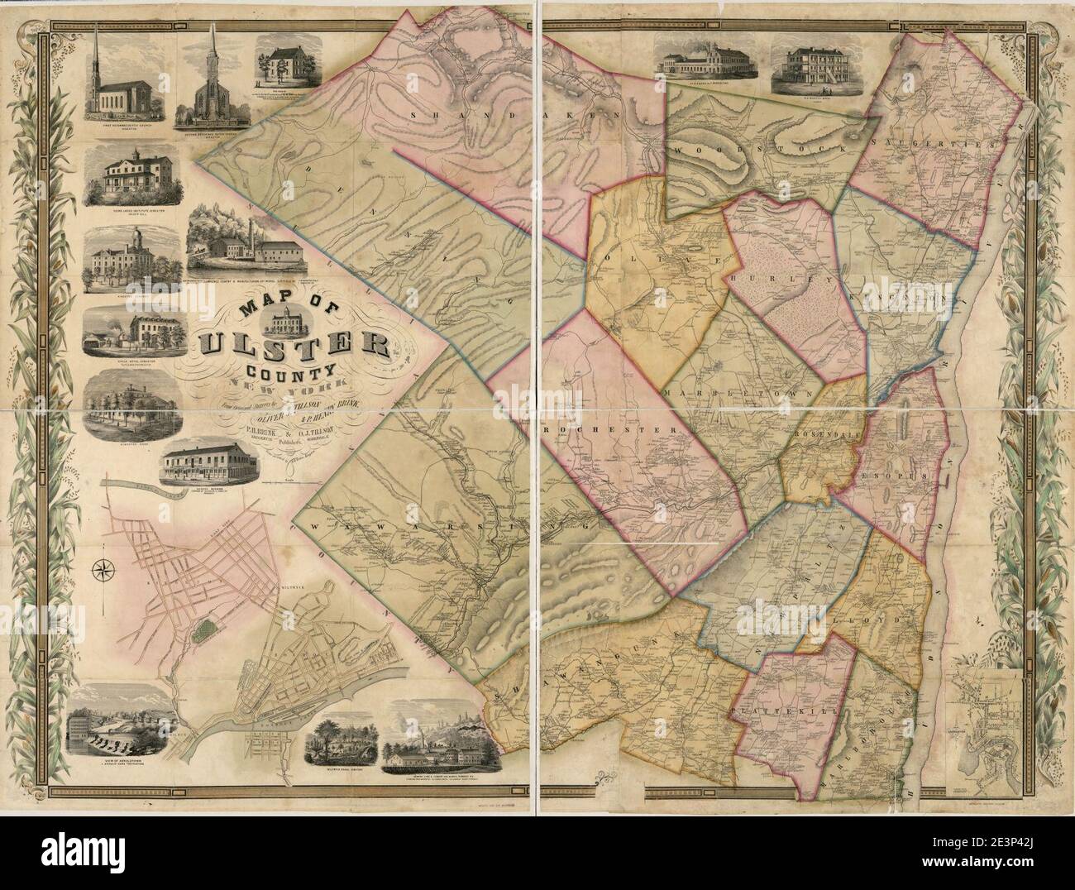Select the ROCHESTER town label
[614, 430]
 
